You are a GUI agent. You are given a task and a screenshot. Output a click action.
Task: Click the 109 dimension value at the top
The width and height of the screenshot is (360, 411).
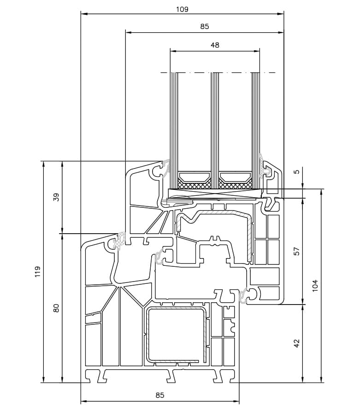(x=182, y=9)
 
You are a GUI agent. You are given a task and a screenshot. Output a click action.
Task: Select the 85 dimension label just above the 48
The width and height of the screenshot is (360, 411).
(x=205, y=26)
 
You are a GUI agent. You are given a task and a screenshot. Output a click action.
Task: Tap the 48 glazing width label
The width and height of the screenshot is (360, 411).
(x=215, y=45)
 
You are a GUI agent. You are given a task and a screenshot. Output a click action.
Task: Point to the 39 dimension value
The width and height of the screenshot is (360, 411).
(x=56, y=197)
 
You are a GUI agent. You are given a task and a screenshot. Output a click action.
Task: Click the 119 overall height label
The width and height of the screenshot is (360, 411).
(x=38, y=272)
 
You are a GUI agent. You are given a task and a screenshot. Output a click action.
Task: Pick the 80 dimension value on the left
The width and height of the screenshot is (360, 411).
(x=56, y=308)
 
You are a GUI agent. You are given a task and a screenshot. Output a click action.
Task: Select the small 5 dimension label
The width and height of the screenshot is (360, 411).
(x=296, y=172)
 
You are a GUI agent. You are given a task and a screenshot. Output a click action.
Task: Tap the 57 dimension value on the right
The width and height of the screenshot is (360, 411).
(x=296, y=251)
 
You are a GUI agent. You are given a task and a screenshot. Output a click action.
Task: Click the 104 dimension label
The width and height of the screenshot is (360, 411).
(x=315, y=286)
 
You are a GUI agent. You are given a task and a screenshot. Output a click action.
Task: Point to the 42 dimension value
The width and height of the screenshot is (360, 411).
(x=296, y=343)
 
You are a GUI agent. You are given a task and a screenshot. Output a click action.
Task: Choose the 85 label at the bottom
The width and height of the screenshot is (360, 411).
(x=159, y=395)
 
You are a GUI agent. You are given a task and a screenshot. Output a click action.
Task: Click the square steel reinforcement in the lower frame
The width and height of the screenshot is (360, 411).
(x=176, y=335)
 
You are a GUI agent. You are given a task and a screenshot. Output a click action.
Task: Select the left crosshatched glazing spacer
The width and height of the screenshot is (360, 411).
(x=195, y=183)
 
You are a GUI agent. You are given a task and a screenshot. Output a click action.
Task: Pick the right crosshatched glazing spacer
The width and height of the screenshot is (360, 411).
(x=235, y=183)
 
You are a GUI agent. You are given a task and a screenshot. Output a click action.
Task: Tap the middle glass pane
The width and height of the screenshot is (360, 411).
(x=215, y=130)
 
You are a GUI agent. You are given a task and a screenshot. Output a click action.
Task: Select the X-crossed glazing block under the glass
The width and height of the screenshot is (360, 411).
(x=215, y=194)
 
